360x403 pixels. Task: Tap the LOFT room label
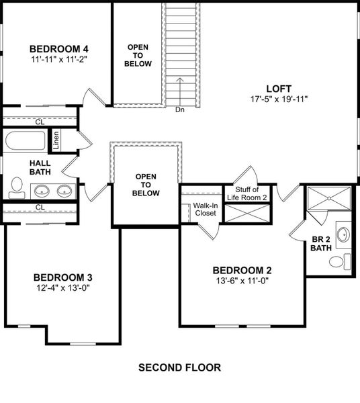278,88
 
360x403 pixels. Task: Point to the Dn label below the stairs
179,109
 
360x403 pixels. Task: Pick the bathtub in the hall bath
25,142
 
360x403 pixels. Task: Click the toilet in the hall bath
17,187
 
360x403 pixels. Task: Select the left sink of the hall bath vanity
42,190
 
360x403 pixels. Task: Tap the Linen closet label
57,140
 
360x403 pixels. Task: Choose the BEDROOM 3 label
62,277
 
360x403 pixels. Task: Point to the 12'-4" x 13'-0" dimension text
62,288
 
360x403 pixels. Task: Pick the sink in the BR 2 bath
343,236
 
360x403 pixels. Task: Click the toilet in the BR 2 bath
348,261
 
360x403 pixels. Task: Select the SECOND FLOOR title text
179,367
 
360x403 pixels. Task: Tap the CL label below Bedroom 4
40,122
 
